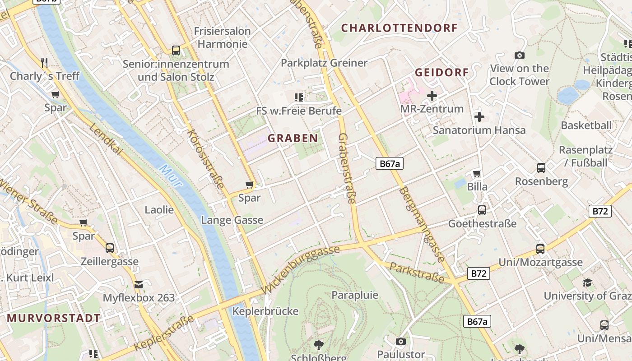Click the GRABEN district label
click(x=293, y=138)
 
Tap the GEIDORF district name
click(x=441, y=72)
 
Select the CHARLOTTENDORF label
click(x=399, y=28)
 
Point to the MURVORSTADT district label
click(x=54, y=318)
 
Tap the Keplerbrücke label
click(x=265, y=311)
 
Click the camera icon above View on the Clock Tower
click(x=520, y=55)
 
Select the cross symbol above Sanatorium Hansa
click(x=479, y=117)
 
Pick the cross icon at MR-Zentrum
click(x=432, y=96)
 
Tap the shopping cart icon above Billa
click(x=477, y=173)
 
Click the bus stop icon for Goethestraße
click(x=482, y=210)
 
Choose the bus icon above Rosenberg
click(x=541, y=168)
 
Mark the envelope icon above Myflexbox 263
click(x=138, y=285)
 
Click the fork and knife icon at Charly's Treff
click(x=44, y=62)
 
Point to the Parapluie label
click(x=355, y=295)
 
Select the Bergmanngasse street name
click(x=422, y=224)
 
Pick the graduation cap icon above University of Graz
click(x=587, y=283)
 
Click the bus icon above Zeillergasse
click(x=110, y=248)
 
